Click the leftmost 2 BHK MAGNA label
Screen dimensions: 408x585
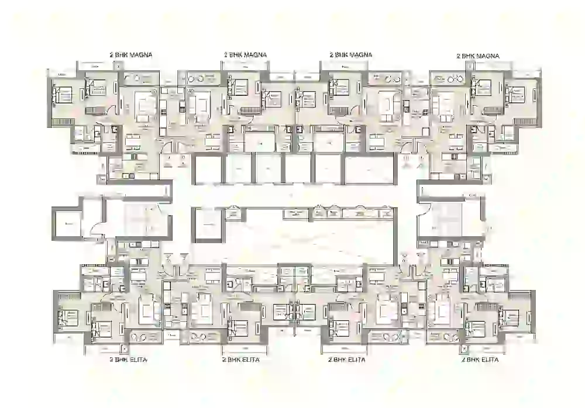point(135,54)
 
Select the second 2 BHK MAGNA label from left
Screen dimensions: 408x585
point(245,54)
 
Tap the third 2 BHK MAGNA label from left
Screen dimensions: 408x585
point(351,54)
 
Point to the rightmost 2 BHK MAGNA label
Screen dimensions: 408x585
point(478,56)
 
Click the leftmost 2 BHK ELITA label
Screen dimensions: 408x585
point(128,359)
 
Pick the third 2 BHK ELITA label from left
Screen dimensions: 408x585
point(347,360)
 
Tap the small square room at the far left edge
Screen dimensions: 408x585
point(69,223)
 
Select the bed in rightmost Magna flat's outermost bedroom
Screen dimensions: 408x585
point(516,94)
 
